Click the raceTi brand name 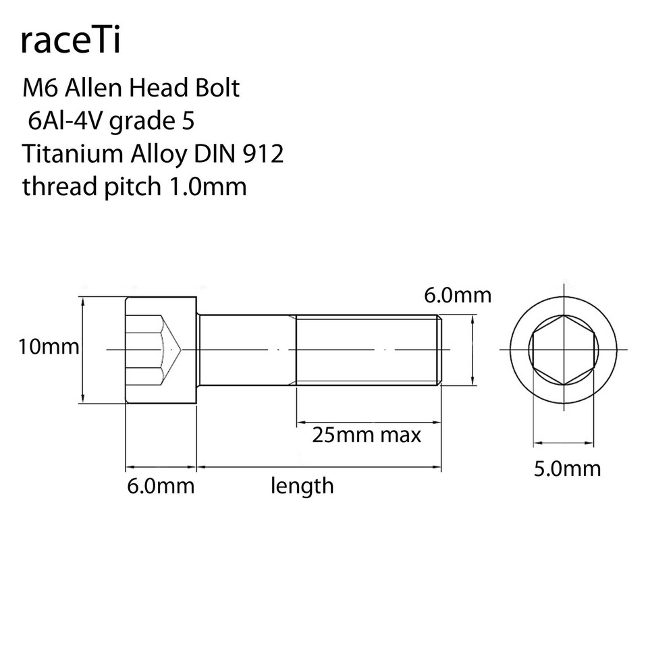click(71, 41)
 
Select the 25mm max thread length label click(367, 434)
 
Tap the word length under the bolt click(302, 485)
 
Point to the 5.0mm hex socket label click(567, 468)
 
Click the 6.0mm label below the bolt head click(161, 485)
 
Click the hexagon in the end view click(563, 349)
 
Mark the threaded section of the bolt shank click(368, 349)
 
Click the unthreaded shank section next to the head click(246, 349)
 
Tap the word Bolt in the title click(216, 88)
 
